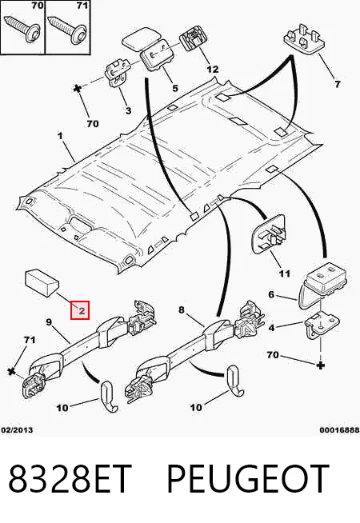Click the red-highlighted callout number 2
[80, 310]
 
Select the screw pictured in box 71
[66, 28]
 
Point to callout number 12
[212, 69]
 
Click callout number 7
[338, 84]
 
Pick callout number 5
[175, 88]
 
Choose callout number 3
[128, 110]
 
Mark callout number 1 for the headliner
[60, 136]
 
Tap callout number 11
[284, 273]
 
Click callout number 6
[271, 294]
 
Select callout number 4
[272, 328]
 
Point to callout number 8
[181, 309]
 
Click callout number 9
[49, 321]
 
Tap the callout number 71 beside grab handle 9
[30, 340]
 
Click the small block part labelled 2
[42, 283]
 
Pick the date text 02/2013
[17, 430]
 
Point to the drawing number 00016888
[339, 430]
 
